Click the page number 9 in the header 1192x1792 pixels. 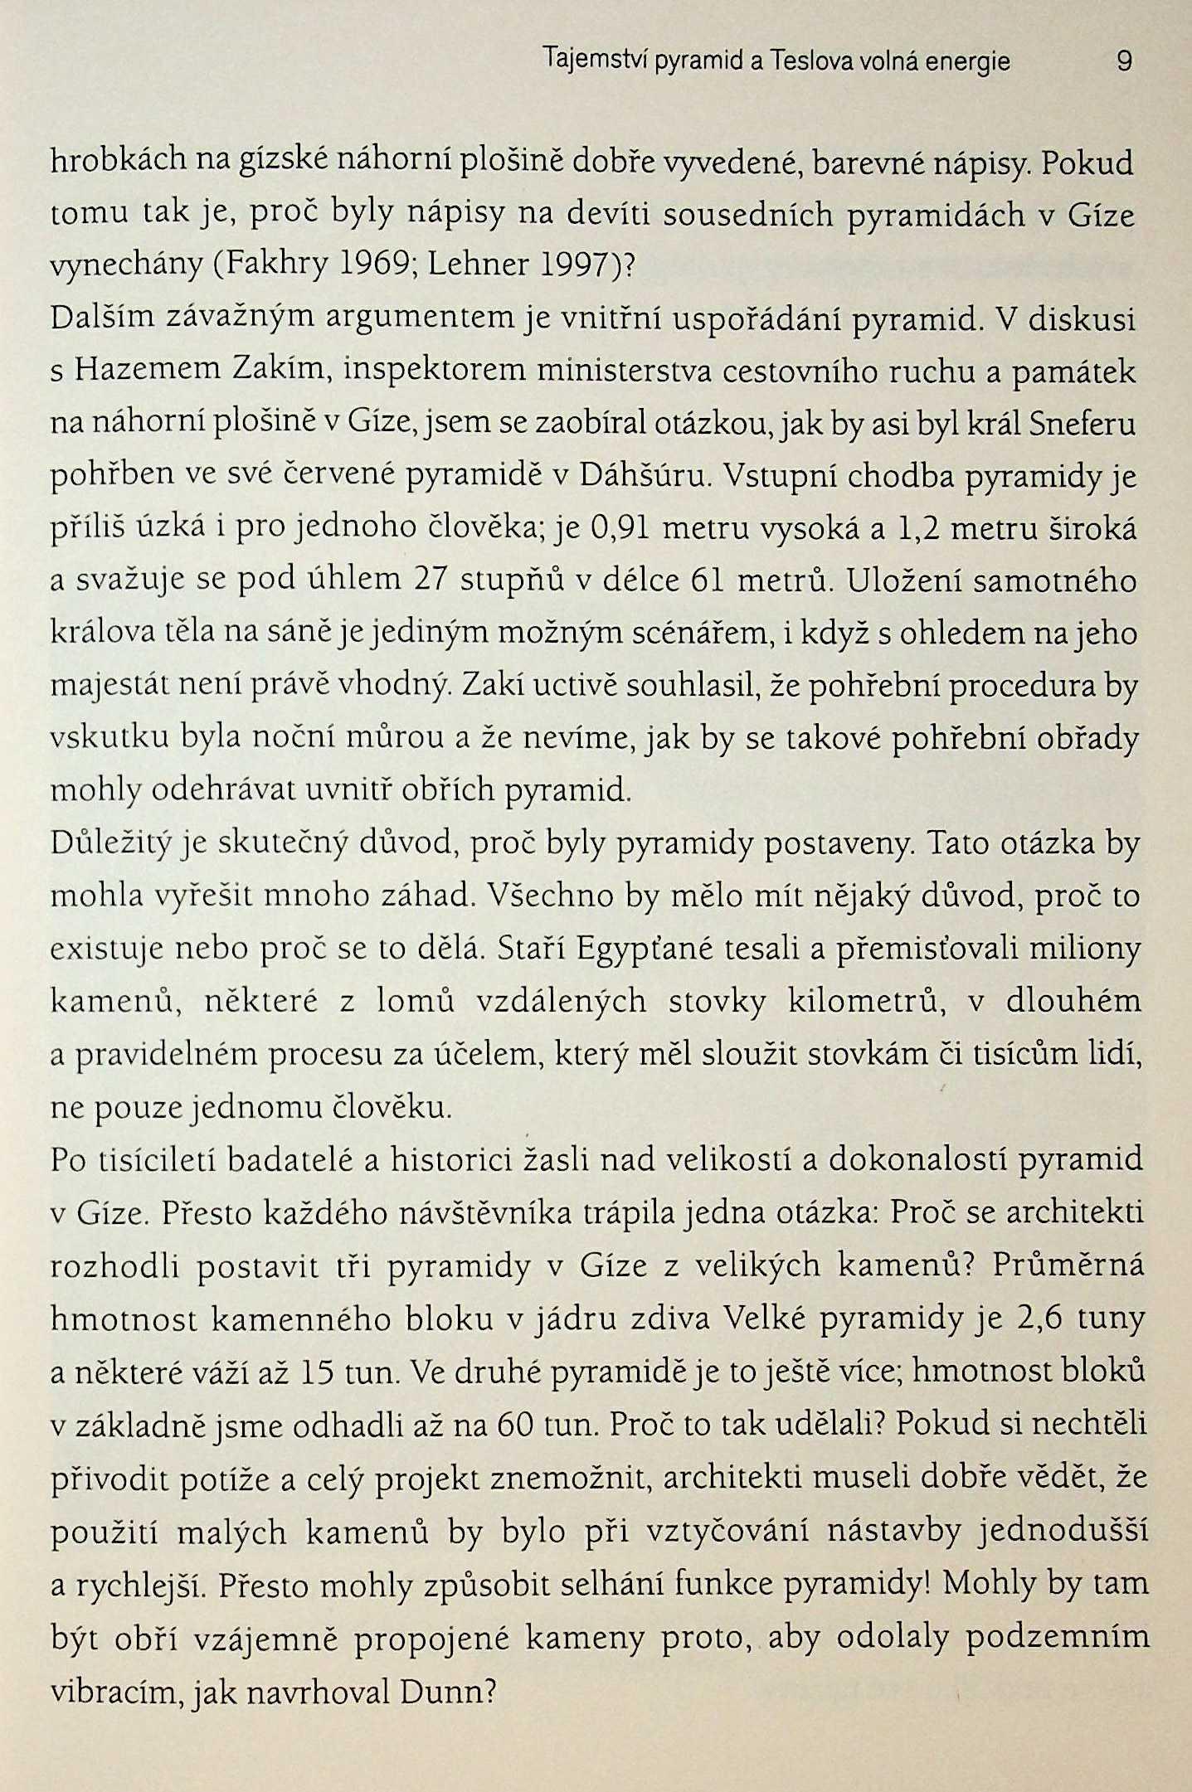click(1124, 61)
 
